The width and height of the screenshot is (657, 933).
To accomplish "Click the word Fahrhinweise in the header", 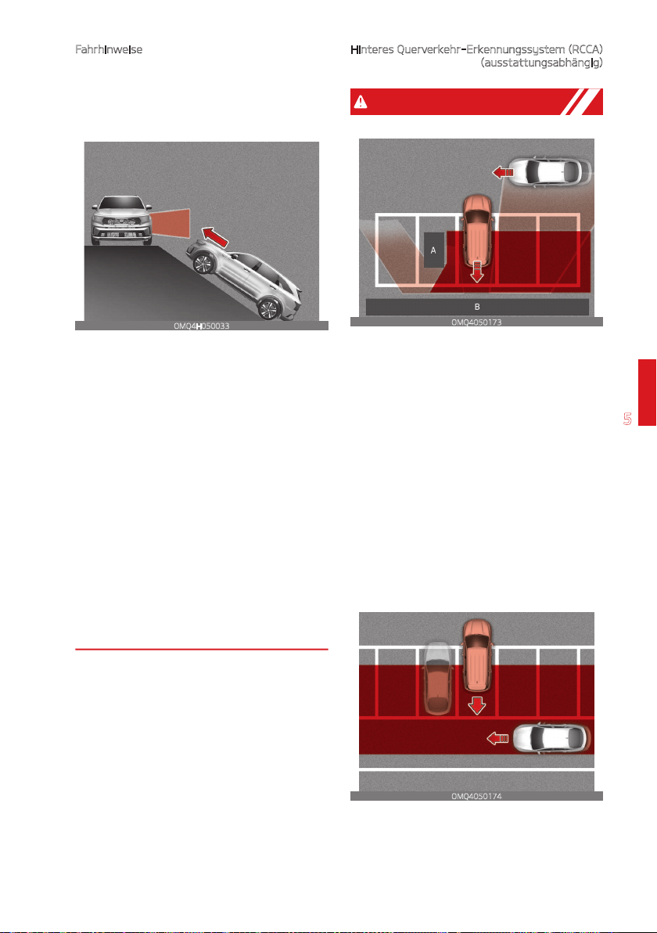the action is click(x=109, y=49).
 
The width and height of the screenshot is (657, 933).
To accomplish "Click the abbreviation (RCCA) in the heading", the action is click(x=585, y=49).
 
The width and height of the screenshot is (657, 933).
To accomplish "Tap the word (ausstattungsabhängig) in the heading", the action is click(x=542, y=63).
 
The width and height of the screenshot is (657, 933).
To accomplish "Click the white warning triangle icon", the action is click(x=361, y=102).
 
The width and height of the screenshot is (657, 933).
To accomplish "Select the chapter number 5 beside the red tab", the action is click(x=627, y=418).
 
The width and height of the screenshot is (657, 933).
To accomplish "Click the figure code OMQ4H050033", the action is click(x=202, y=326).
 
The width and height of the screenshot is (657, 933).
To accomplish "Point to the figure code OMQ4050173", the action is click(x=476, y=322).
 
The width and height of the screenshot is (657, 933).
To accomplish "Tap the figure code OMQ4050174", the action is click(x=476, y=796).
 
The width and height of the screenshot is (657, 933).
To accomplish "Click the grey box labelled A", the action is click(x=433, y=250).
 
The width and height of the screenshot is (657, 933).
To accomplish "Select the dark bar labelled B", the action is click(x=477, y=307).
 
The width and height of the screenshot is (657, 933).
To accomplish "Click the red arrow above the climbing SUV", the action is click(x=214, y=236).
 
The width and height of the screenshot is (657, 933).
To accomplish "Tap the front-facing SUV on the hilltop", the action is click(x=120, y=220).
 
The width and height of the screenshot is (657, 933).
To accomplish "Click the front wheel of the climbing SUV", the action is click(x=202, y=262).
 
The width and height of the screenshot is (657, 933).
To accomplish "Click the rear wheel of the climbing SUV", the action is click(x=268, y=309).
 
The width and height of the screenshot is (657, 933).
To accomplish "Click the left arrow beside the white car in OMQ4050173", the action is click(x=503, y=172).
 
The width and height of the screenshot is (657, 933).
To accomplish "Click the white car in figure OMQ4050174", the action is click(x=551, y=738).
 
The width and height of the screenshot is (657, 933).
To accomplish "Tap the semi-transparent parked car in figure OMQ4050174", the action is click(x=437, y=679).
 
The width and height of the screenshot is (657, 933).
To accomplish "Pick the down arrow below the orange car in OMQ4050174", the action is click(x=477, y=704).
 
